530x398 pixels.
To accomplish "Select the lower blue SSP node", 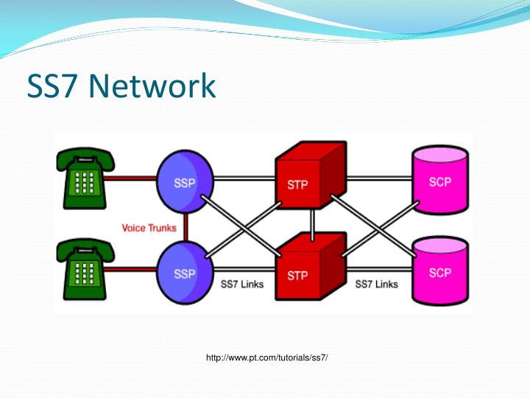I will click(185, 270).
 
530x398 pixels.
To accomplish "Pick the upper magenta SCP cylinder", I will click(439, 179).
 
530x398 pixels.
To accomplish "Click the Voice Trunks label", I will click(149, 228).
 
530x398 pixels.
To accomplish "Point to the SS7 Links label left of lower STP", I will click(242, 284).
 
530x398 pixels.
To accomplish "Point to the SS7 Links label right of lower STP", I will click(376, 284).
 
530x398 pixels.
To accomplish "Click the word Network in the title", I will click(152, 86).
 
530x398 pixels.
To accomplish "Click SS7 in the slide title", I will click(54, 86).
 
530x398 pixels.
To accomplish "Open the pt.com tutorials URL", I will click(266, 357).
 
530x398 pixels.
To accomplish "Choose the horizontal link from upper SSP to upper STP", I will click(243, 178).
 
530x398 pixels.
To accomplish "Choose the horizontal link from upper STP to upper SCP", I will click(379, 178).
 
